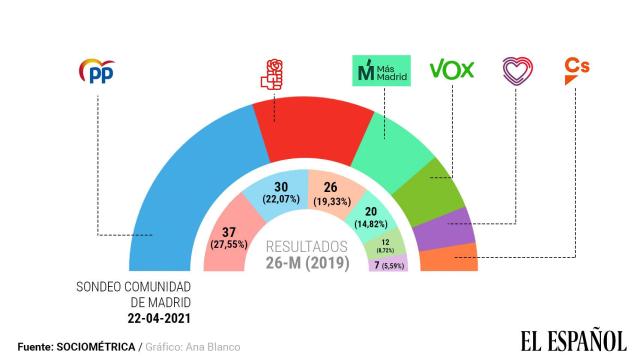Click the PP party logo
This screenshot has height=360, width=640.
[x=96, y=71]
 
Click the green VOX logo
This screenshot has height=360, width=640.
[x=451, y=70]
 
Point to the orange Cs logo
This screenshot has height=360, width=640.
[x=577, y=67]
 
